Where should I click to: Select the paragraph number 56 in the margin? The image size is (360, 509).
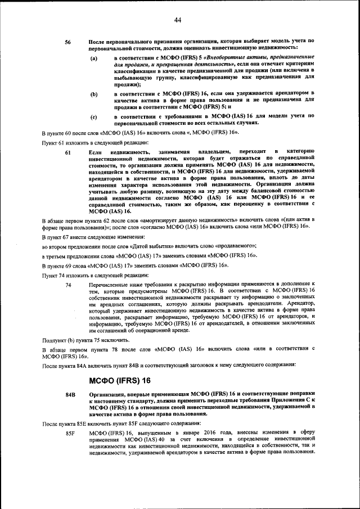coord(68,42)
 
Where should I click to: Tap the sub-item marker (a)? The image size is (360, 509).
coord(94,58)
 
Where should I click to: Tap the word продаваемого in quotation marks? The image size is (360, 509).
coord(236,246)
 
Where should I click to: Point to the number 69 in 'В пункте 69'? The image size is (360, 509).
coord(71,264)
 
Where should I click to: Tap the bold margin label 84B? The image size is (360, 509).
coord(70,394)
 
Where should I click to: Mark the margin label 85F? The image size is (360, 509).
coord(70,434)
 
